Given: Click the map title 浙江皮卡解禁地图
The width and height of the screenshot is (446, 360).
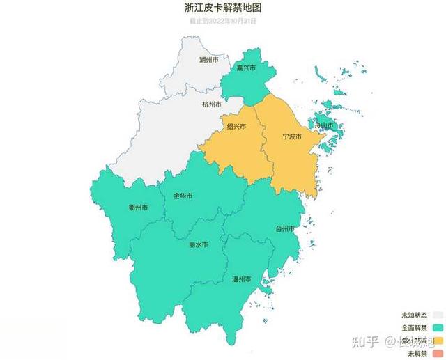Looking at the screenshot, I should [223, 8].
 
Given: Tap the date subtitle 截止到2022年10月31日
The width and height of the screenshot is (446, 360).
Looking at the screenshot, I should [223, 21].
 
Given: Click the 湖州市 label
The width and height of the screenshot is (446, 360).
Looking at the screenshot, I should [208, 61].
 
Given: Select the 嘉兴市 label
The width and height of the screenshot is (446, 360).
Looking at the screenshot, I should [246, 68].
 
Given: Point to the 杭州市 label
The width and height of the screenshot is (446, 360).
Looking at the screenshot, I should [212, 104].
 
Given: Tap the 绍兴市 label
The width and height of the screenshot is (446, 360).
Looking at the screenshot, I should [236, 126].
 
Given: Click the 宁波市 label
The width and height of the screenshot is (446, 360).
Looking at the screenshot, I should [291, 136].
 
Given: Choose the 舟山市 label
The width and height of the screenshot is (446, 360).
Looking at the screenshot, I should [324, 125].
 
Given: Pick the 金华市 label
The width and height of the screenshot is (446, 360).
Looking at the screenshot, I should [183, 196].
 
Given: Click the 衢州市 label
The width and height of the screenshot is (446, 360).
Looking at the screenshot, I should [138, 208].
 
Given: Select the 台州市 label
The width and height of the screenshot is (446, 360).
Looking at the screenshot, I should [284, 228].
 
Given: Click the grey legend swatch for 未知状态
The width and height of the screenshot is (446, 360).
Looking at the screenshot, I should [438, 315].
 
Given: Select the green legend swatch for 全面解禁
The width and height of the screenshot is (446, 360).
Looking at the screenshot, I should [438, 327].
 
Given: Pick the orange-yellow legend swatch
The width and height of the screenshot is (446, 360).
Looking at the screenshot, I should [438, 340].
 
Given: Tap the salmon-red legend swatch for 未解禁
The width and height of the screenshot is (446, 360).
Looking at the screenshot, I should [438, 352].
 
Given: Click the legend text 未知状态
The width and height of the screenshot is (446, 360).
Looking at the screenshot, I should [414, 315].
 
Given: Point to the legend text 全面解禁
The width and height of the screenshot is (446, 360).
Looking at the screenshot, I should [414, 327].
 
